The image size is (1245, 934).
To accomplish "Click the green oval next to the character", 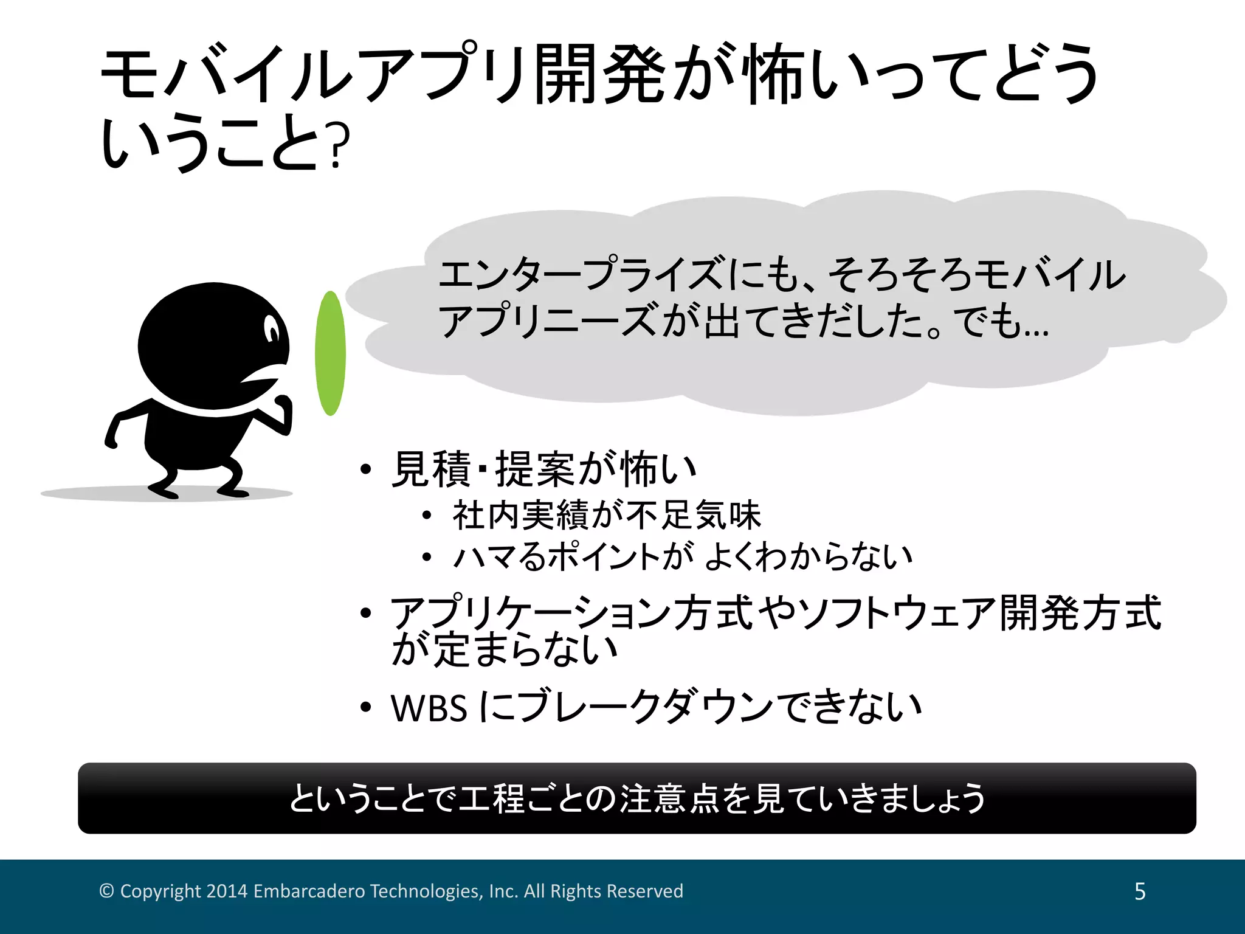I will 330,353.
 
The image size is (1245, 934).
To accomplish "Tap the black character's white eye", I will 272,330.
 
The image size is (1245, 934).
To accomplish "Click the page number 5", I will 1140,891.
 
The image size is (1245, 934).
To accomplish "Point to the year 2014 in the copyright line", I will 227,891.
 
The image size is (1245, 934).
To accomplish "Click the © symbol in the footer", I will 106,891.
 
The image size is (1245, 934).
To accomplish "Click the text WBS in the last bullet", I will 429,708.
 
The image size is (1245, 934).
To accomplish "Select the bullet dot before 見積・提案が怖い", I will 365,469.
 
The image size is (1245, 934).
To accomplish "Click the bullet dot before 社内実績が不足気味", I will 427,516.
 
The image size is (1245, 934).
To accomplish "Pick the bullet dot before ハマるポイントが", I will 427,556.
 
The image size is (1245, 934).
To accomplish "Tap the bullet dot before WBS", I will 365,707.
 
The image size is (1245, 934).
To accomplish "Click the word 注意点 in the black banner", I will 669,798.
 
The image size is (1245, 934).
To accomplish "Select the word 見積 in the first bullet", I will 431,469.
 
